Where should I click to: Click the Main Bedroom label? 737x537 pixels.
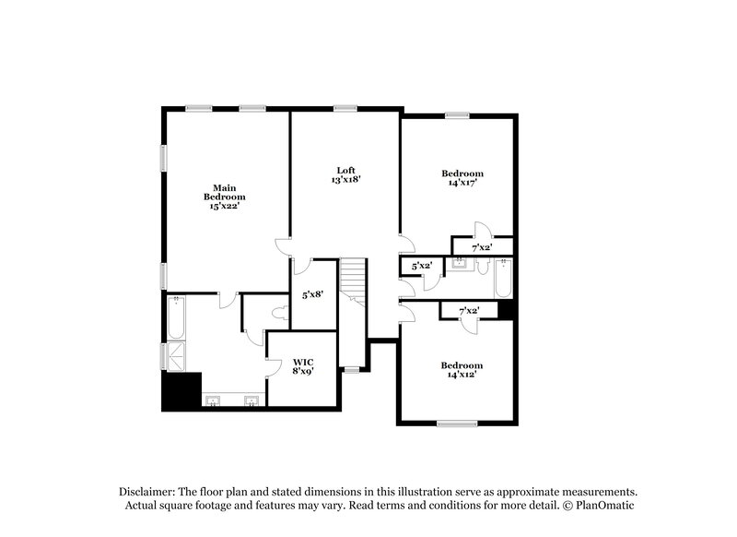click(225, 197)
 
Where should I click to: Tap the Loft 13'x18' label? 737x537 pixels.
click(345, 175)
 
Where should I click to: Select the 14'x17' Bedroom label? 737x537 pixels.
click(462, 178)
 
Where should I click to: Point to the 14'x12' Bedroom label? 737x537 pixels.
click(462, 370)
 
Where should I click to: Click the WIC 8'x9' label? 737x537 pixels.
click(304, 367)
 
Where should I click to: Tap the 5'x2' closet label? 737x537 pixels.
click(421, 267)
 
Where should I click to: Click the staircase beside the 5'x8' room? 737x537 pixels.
click(353, 282)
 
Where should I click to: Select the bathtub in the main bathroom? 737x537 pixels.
click(176, 316)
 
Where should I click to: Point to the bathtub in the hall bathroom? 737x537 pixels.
click(501, 278)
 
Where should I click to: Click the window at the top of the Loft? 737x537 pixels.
click(346, 109)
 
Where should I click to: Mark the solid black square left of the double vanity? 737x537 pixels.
click(181, 391)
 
